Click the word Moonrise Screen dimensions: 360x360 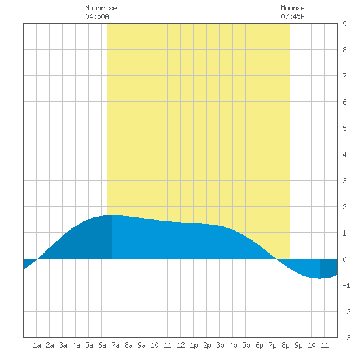pyautogui.click(x=101, y=8)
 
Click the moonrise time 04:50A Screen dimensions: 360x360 pyautogui.click(x=97, y=16)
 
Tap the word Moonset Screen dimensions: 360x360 pyautogui.click(x=295, y=8)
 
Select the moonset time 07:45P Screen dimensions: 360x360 pyautogui.click(x=293, y=16)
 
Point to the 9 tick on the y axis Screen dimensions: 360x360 pyautogui.click(x=344, y=24)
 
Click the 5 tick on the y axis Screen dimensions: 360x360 pyautogui.click(x=344, y=128)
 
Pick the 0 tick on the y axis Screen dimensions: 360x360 pyautogui.click(x=344, y=259)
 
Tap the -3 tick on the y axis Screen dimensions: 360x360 pyautogui.click(x=346, y=338)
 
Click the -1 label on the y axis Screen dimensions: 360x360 pyautogui.click(x=346, y=285)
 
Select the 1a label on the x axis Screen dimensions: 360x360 pyautogui.click(x=37, y=345)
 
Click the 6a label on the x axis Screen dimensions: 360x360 pyautogui.click(x=102, y=345)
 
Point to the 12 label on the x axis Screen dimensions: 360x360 pyautogui.click(x=181, y=345)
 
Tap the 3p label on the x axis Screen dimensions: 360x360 pyautogui.click(x=220, y=345)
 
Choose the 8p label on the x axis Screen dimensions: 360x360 pyautogui.click(x=285, y=345)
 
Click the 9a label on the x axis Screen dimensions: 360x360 pyautogui.click(x=141, y=345)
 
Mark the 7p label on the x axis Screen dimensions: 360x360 pyautogui.click(x=272, y=345)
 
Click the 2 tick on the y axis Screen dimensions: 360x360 pyautogui.click(x=344, y=207)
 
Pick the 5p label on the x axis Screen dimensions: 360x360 pyautogui.click(x=246, y=345)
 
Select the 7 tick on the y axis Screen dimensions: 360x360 pyautogui.click(x=344, y=76)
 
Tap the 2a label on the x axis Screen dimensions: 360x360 pyautogui.click(x=50, y=345)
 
